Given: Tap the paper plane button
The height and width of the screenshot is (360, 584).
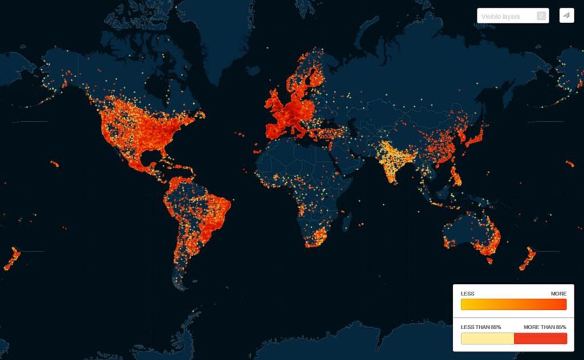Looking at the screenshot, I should (x=566, y=15).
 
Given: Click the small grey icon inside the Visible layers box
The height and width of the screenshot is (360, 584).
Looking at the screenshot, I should (x=541, y=16).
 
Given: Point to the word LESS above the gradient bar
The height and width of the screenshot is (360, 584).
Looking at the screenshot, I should (x=467, y=294).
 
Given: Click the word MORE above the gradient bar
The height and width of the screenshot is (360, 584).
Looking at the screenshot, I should (x=559, y=294).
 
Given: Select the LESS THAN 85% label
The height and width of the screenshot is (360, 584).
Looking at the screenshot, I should (x=480, y=328).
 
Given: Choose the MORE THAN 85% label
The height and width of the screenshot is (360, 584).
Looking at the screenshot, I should (x=545, y=328).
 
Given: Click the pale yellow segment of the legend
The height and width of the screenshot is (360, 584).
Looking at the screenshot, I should (x=487, y=338).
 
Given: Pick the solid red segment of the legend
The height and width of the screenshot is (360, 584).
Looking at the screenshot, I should (x=540, y=338).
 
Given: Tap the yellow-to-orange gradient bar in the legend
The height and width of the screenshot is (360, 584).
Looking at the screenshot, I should (x=513, y=305).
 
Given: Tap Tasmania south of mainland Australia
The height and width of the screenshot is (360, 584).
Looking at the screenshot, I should (x=489, y=260).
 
